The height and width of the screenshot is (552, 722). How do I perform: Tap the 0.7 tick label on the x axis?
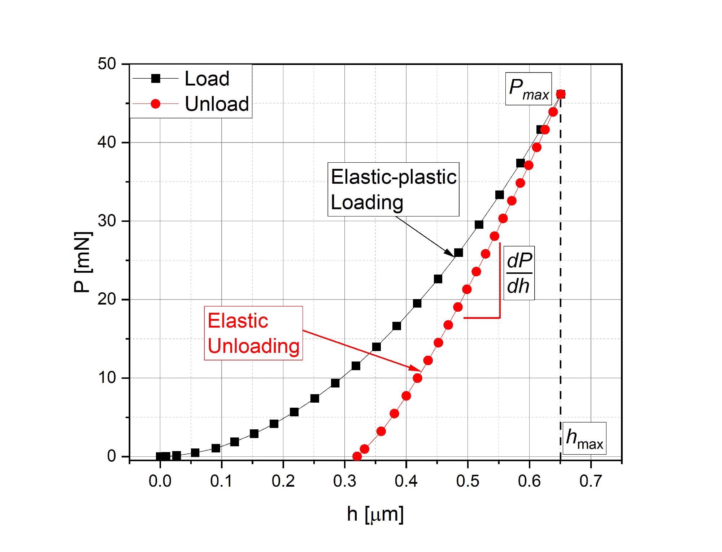coord(591,481)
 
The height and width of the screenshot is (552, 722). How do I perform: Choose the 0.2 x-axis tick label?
coord(283,481)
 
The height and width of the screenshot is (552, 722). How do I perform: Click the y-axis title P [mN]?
coord(83,262)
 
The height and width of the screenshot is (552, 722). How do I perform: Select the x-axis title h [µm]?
coord(375,514)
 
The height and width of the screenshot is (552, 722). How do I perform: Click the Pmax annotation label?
coord(528,89)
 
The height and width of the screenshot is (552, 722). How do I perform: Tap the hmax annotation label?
coord(584,438)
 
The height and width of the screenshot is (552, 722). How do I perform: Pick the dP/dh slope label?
coord(519,273)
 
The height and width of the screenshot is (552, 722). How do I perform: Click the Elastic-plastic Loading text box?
coord(393,189)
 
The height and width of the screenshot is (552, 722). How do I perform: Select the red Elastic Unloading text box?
coord(253,333)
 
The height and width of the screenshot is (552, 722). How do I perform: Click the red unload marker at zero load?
coord(357,456)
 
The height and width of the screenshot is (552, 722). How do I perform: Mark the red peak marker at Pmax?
coord(561,94)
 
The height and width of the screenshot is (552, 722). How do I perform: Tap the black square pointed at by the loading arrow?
coord(458,253)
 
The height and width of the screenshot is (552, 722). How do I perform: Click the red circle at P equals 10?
coord(417,378)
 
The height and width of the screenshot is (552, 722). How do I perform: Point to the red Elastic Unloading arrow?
coord(361,350)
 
